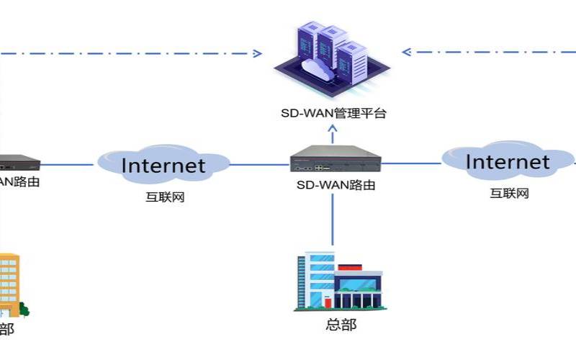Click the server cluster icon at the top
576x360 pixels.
[328, 61]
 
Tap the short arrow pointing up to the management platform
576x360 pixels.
[333, 135]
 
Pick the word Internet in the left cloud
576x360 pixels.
[163, 166]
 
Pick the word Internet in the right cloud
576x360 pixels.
[508, 161]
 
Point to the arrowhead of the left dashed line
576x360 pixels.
[256, 53]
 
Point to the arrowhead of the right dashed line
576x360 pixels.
[406, 52]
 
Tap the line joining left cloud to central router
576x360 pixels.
[259, 164]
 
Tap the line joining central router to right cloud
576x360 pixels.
[410, 164]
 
